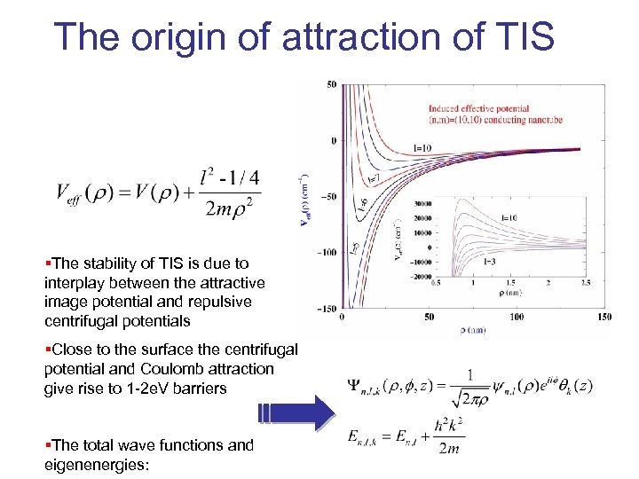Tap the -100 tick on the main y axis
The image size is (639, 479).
coord(328,252)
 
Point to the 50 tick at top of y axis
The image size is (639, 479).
coord(332,85)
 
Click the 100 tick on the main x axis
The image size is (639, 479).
coord(516,317)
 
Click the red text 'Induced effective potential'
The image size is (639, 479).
coord(478,109)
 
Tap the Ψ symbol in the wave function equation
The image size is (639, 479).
coord(358,385)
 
